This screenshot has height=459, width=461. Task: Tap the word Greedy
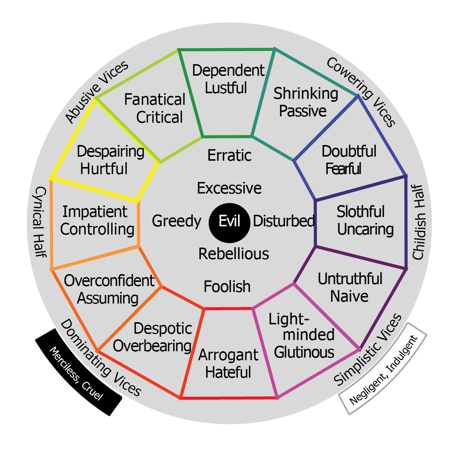point(177,221)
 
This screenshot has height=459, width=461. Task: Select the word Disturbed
point(284,221)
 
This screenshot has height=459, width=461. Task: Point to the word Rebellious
point(233,254)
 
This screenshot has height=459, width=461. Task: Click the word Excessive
point(229,188)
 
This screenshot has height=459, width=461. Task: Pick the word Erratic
point(229,155)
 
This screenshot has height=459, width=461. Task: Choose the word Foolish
point(227,287)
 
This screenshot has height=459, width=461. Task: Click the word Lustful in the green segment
point(226,88)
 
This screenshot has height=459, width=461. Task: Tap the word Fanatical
point(155,100)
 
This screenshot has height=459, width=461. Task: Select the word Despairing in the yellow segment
point(110,152)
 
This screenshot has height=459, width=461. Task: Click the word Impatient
point(95,212)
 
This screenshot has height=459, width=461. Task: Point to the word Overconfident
point(109,281)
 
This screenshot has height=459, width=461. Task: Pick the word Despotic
point(163,328)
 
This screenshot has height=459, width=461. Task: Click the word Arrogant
point(228,355)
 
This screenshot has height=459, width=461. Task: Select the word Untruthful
point(350,279)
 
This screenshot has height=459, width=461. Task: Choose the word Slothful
point(361,212)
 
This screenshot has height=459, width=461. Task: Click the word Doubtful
point(349,151)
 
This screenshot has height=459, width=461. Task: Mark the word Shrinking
point(306,94)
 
